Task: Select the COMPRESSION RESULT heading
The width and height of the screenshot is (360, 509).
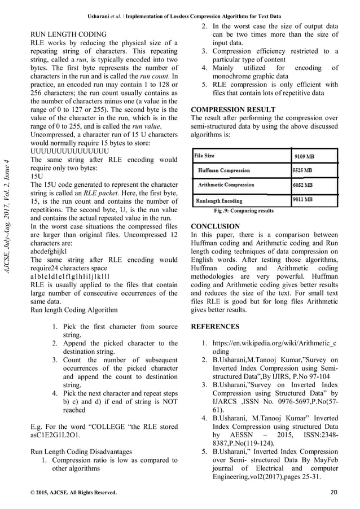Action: pyautogui.click(x=234, y=109)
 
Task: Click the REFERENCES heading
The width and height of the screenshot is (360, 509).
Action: pyautogui.click(x=216, y=326)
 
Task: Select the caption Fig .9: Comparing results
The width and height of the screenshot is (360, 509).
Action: pyautogui.click(x=244, y=210)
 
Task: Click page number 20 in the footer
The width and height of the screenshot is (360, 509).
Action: pyautogui.click(x=333, y=493)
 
